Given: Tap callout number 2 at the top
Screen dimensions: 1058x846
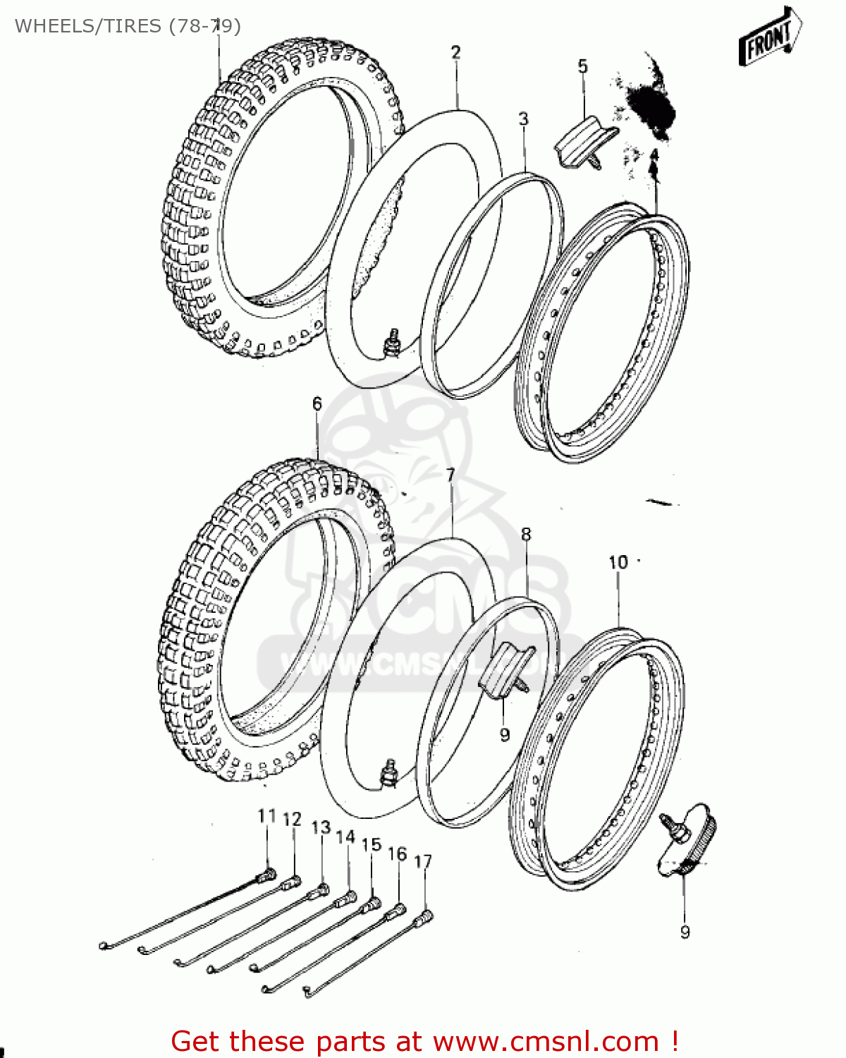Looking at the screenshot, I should pyautogui.click(x=456, y=52).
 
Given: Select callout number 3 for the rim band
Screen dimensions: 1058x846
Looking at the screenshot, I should pyautogui.click(x=523, y=118).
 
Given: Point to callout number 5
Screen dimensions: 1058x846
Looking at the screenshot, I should pyautogui.click(x=582, y=66).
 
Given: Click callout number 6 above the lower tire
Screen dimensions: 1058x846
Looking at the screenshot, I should pyautogui.click(x=317, y=403).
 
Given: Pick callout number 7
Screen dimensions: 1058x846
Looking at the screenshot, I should pyautogui.click(x=451, y=475).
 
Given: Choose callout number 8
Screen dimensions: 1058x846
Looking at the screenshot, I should pyautogui.click(x=526, y=535).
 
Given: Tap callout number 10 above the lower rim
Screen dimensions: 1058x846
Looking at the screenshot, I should pyautogui.click(x=618, y=562).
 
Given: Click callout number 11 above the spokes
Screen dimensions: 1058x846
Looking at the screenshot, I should pyautogui.click(x=266, y=816).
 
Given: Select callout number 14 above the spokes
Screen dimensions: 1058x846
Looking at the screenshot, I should pyautogui.click(x=345, y=837).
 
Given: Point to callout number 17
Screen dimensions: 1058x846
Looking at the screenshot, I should pyautogui.click(x=422, y=861).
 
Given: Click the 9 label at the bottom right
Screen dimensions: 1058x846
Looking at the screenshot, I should pyautogui.click(x=685, y=932).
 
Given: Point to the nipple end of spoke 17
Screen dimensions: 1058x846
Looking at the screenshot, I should pyautogui.click(x=425, y=916).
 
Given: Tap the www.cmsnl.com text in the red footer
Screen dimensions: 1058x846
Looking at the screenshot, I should pyautogui.click(x=545, y=1042).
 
